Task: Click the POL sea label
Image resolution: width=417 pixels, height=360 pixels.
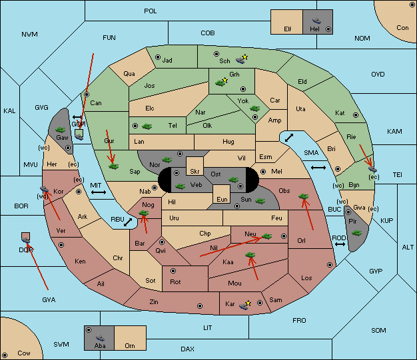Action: coord(151,11)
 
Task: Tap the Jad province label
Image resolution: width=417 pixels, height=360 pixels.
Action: coord(167,61)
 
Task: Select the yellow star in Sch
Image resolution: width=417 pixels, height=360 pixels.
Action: coord(245,57)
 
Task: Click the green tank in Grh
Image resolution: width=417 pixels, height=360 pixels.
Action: coord(220,83)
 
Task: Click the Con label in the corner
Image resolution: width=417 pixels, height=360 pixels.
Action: coord(402,28)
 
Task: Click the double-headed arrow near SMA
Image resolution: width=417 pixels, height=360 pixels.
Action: coord(288,137)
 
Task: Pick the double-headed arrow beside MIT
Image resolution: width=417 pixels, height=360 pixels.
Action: coord(99,192)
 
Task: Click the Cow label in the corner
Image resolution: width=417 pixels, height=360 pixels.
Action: coord(24,353)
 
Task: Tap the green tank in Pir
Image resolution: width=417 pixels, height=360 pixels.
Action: coord(357,233)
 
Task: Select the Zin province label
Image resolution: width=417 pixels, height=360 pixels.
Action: coord(154,302)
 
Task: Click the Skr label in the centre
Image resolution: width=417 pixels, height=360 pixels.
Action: coord(195,172)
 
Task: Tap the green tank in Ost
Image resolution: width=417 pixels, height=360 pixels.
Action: coord(233,179)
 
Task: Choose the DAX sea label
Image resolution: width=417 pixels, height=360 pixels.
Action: coord(187,349)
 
